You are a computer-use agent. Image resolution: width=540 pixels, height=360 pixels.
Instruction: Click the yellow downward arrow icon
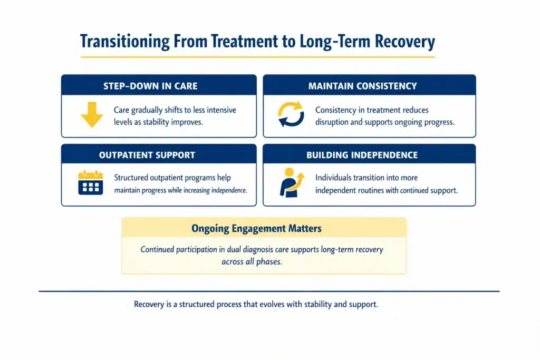(x=91, y=115)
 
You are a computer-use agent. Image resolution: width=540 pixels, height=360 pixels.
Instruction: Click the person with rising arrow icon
(x=292, y=183)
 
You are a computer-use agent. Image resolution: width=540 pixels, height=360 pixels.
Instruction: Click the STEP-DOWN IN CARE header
(x=159, y=85)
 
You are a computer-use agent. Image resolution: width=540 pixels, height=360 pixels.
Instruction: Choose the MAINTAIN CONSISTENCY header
(x=362, y=85)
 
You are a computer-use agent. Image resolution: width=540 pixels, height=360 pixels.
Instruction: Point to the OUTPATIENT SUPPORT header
(x=147, y=155)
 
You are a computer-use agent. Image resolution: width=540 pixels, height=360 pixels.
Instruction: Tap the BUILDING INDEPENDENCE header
(x=362, y=155)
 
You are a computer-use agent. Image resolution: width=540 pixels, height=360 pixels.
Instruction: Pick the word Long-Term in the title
(x=333, y=41)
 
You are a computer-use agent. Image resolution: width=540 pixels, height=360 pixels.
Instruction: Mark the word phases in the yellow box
(x=269, y=262)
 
